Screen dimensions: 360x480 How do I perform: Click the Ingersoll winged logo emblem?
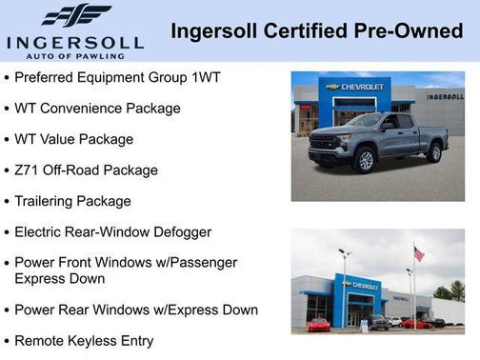tap(75, 15)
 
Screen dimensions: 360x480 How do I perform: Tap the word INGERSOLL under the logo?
tap(74, 43)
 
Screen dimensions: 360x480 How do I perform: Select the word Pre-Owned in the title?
tap(412, 31)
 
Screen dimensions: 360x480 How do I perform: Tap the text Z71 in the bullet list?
tap(27, 170)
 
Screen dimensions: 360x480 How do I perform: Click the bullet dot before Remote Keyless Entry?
tap(7, 341)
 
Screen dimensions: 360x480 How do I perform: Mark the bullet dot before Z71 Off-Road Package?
tap(7, 171)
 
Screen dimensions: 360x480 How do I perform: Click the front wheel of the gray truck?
tap(365, 161)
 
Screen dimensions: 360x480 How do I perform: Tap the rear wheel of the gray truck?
tap(435, 152)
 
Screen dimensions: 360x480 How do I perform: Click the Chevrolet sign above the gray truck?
tap(354, 87)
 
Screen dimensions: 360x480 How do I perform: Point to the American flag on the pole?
tap(419, 254)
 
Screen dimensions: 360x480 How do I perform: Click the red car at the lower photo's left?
tap(319, 325)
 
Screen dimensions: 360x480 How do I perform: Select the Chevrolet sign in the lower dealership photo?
tap(363, 285)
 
